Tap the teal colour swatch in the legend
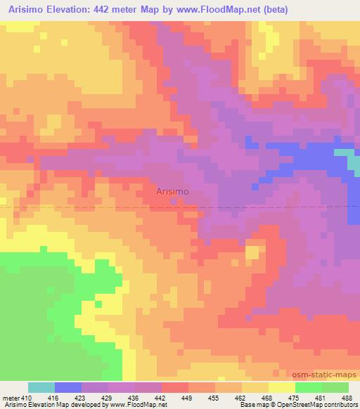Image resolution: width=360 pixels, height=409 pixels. coord(41,387)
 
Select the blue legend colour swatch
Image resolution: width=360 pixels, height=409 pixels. coord(68,387)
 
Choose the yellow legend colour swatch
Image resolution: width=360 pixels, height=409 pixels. coord(281,387)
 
